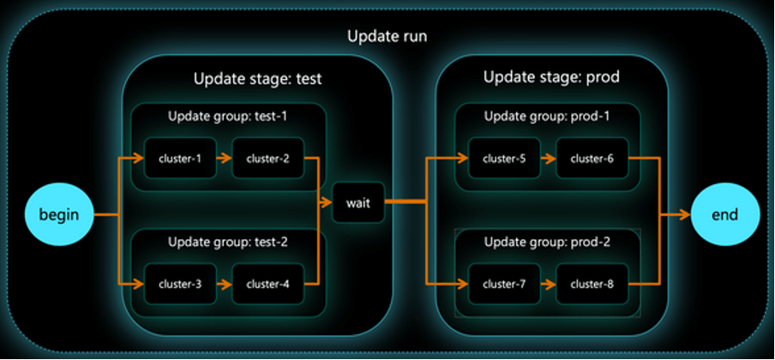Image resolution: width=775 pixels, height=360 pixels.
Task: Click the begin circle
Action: (59, 215)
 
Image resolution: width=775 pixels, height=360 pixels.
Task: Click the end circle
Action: (725, 214)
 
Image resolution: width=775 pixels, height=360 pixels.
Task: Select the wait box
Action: (358, 202)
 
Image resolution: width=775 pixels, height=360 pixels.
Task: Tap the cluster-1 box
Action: (180, 159)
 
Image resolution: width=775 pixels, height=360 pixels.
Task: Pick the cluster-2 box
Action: (267, 159)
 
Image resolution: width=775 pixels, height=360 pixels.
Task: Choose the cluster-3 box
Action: (180, 285)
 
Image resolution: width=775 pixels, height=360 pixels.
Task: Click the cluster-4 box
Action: (267, 285)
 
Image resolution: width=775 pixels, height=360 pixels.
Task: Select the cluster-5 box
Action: (505, 159)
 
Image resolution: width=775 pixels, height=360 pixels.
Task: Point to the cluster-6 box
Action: (592, 159)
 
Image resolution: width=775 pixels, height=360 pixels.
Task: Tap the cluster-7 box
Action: (505, 285)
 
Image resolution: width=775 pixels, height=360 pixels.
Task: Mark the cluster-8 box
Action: (592, 285)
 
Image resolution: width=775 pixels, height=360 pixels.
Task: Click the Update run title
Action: (387, 36)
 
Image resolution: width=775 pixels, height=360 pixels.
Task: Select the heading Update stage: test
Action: (257, 78)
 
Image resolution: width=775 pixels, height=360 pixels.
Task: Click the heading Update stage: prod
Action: (551, 77)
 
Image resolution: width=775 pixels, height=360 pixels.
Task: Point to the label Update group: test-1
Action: (228, 117)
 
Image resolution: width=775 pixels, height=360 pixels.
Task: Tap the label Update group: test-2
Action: (228, 243)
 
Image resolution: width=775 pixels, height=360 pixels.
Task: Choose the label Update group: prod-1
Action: (547, 117)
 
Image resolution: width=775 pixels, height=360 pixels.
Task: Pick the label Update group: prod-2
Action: (547, 243)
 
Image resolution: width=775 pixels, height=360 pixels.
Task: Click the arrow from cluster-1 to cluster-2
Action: (225, 159)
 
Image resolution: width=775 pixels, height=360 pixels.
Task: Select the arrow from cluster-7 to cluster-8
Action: (549, 285)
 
